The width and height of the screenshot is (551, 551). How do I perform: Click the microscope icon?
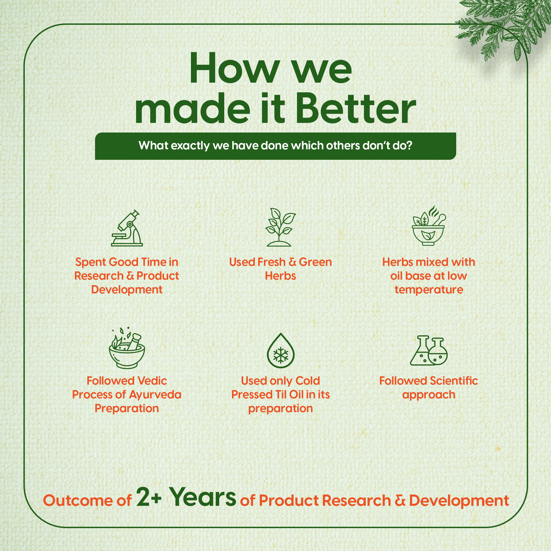[x=127, y=228]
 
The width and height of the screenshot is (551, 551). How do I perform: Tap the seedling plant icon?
[x=280, y=227]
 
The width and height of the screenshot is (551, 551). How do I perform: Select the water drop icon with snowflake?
[x=281, y=350]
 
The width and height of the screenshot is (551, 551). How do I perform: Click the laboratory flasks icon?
[x=429, y=350]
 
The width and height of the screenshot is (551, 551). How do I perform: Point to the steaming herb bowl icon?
[x=429, y=225]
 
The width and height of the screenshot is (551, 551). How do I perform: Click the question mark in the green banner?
[x=409, y=146]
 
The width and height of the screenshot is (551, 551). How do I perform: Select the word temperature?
[x=429, y=290]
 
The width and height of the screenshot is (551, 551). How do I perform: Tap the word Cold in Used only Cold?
[x=308, y=381]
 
